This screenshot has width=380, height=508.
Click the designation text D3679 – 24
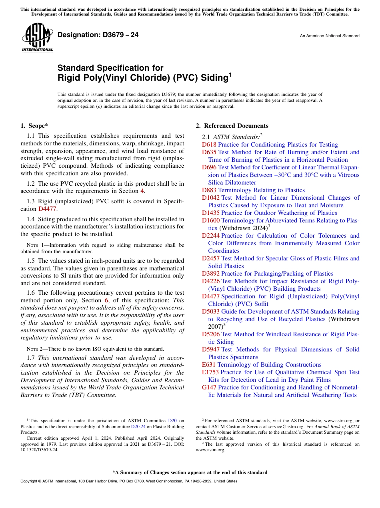(x=98, y=35)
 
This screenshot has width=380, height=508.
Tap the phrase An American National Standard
(x=329, y=36)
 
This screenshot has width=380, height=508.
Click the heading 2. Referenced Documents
(x=232, y=126)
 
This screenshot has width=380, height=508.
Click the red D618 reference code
(x=209, y=145)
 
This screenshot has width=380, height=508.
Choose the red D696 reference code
(x=209, y=167)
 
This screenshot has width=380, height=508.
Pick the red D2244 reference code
(x=211, y=236)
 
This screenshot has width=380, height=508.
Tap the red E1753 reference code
(x=210, y=372)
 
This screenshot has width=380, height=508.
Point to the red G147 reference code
(x=209, y=387)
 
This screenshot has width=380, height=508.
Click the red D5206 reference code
(x=211, y=334)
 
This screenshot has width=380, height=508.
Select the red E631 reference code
(x=209, y=365)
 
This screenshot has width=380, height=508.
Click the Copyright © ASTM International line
(x=128, y=481)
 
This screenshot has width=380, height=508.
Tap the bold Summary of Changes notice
(x=190, y=472)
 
